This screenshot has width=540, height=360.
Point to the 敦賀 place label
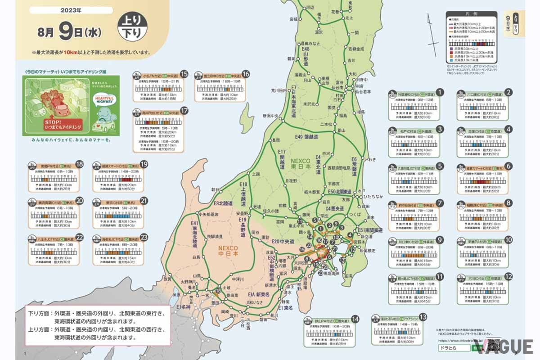coord(167,279)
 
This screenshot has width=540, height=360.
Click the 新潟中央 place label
coord(273,116)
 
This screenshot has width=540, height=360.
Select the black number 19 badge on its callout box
coord(144,165)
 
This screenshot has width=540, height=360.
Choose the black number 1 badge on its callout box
coord(441,93)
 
